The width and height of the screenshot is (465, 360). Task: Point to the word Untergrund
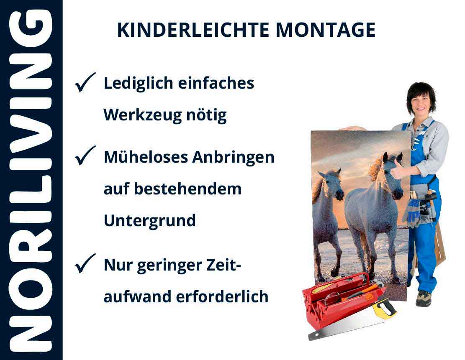coord(149,220)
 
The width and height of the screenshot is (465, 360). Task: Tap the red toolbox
coord(339,299)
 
